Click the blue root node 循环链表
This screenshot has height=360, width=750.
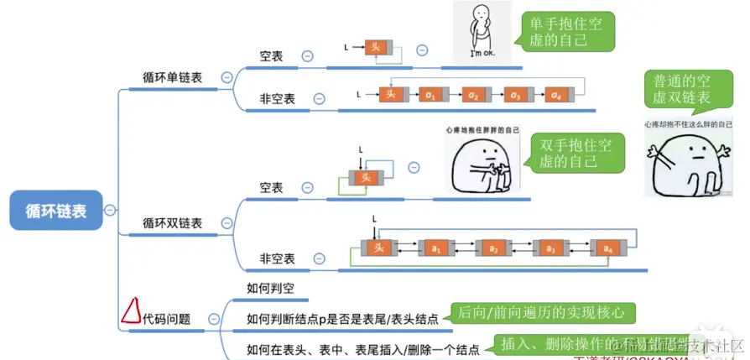[55, 210]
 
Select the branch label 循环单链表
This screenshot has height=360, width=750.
[172, 77]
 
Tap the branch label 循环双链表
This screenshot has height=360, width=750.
[172, 223]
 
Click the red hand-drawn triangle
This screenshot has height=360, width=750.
[129, 311]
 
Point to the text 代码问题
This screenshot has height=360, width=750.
[166, 319]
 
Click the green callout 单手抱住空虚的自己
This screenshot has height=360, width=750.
[566, 32]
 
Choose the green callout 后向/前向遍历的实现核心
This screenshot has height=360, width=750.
[541, 313]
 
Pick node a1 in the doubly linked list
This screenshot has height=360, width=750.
[435, 248]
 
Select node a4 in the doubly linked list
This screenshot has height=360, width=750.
[607, 248]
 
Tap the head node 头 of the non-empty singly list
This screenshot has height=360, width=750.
[389, 94]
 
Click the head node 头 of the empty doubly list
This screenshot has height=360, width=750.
[365, 178]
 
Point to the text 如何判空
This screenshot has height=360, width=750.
[271, 289]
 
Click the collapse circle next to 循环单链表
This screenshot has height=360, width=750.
[227, 77]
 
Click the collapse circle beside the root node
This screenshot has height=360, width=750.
[111, 210]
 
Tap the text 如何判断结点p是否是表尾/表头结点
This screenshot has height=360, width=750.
[342, 319]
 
